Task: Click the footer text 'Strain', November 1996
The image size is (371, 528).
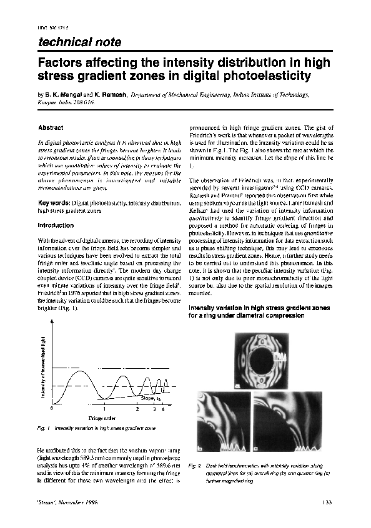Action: point(65,503)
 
